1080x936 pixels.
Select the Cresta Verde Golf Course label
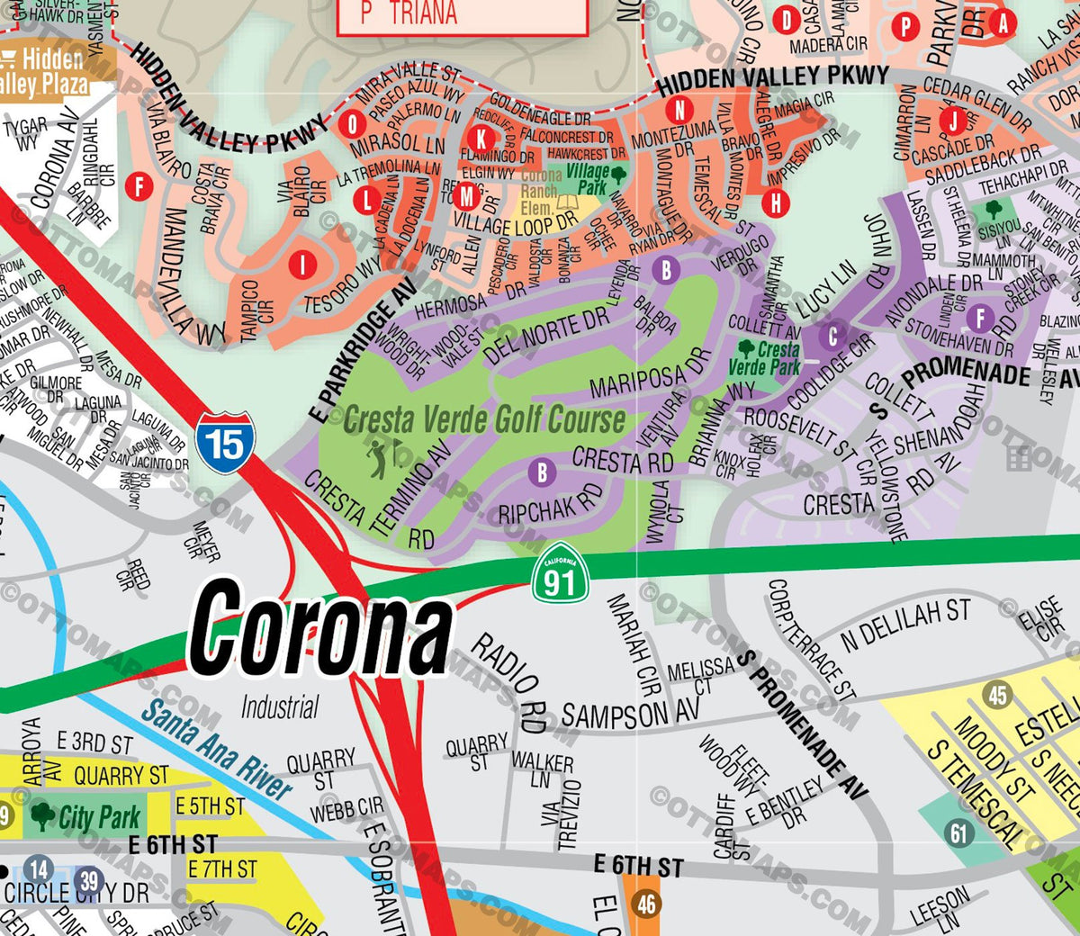pyautogui.click(x=484, y=419)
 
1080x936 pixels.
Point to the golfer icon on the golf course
pyautogui.click(x=379, y=458)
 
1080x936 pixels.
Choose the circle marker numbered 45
pyautogui.click(x=996, y=695)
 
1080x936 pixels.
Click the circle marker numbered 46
pyautogui.click(x=646, y=903)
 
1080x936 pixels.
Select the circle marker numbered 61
pyautogui.click(x=959, y=833)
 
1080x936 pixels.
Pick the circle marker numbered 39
pyautogui.click(x=88, y=881)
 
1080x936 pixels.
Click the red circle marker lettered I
pyautogui.click(x=302, y=265)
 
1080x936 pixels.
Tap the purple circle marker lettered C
pyautogui.click(x=832, y=337)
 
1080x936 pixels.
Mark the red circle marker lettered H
pyautogui.click(x=776, y=202)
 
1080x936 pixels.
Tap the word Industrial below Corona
pyautogui.click(x=279, y=707)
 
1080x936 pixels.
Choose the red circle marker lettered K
pyautogui.click(x=481, y=138)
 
